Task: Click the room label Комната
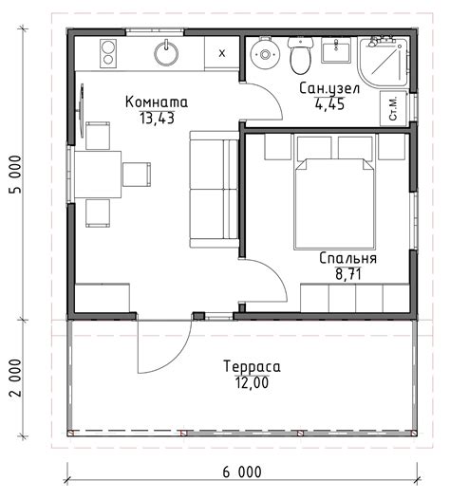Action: coord(157,102)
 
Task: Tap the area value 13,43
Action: coord(157,119)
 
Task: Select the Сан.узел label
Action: coord(329,89)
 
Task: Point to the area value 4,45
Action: coord(329,104)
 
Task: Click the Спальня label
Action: coord(347,258)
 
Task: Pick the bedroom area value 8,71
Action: coord(348,274)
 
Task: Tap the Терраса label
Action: coord(252,366)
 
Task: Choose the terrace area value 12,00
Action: coord(252,382)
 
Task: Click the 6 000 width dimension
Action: coord(242,471)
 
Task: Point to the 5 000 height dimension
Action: coord(15,174)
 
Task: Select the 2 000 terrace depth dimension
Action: coord(15,378)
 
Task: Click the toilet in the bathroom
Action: coord(300,55)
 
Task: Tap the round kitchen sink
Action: coord(166,53)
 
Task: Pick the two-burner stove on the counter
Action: coord(108,53)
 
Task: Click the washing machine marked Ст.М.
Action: coord(394,108)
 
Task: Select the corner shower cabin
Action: coord(383,62)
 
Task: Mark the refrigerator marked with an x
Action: coord(221,53)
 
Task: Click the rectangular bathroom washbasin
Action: coord(336,50)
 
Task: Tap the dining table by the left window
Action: coord(98,175)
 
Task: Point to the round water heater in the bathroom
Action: coord(265,54)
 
